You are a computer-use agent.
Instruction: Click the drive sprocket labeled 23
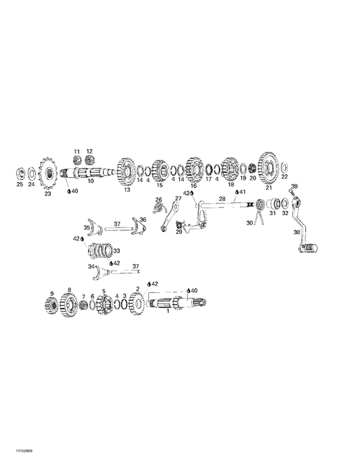tap(48, 173)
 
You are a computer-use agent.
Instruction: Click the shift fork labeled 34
tap(102, 272)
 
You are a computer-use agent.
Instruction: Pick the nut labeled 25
tap(19, 173)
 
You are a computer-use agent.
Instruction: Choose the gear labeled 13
tap(125, 172)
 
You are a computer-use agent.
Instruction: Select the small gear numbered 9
tap(52, 305)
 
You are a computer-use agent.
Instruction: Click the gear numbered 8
tap(69, 305)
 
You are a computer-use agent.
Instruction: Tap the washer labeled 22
tap(284, 167)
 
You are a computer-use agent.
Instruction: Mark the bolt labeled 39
tap(291, 191)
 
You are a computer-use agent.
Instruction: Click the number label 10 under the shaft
tap(91, 181)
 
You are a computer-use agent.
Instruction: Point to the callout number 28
tap(222, 199)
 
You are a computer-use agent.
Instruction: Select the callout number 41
tap(243, 192)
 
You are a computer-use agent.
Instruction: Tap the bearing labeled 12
tap(89, 160)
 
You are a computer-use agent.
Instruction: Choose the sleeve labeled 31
tap(273, 204)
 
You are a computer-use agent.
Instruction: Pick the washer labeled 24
tap(31, 173)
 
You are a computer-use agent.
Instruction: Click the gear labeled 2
tap(137, 304)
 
